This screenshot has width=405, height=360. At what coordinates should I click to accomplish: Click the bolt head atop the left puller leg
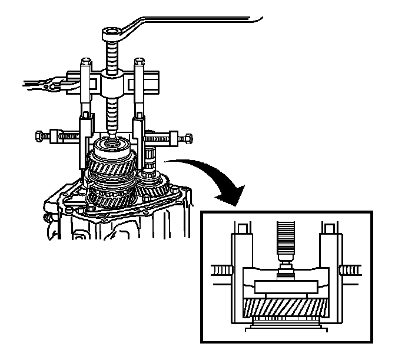pyautogui.click(x=86, y=61)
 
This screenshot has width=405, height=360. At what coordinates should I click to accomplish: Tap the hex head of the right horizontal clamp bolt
pyautogui.click(x=187, y=139)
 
